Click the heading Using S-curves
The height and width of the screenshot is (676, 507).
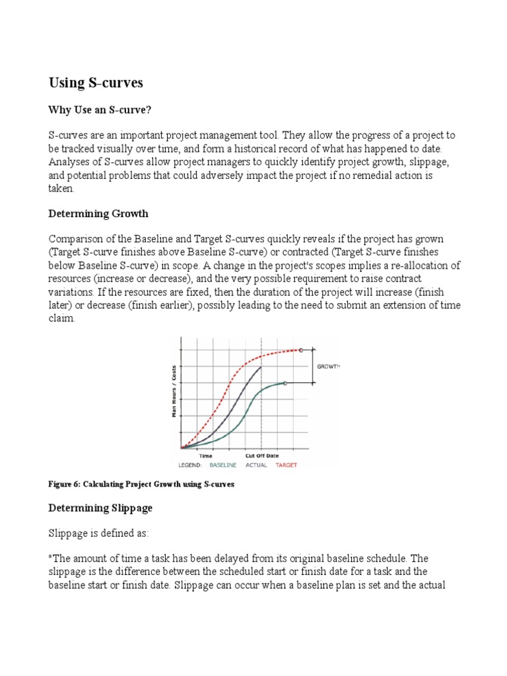click(96, 83)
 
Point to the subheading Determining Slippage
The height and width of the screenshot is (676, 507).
click(101, 508)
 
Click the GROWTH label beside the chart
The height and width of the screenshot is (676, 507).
click(328, 366)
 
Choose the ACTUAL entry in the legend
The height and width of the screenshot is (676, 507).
click(257, 465)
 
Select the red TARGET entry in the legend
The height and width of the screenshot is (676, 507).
click(287, 465)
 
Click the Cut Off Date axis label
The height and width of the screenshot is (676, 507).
click(262, 456)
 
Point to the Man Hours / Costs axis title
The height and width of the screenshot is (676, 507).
click(174, 391)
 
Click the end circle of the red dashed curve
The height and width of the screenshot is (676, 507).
click(301, 350)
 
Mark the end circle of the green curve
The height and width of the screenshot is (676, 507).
click(285, 383)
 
